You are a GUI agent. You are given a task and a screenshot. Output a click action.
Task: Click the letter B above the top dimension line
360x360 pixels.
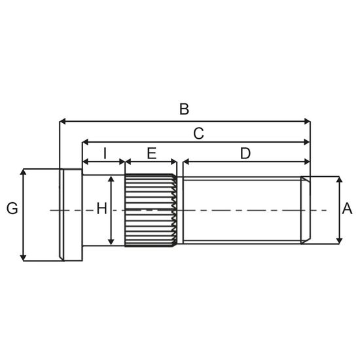click(x=184, y=109)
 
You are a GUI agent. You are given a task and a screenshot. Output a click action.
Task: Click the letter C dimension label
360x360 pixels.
click(x=198, y=134)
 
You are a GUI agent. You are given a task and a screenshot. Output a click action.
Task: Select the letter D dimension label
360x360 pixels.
click(x=245, y=153)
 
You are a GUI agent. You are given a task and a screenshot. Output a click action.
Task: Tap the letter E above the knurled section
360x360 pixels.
click(x=152, y=153)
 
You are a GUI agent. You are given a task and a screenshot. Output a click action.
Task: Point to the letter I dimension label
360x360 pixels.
click(x=105, y=153)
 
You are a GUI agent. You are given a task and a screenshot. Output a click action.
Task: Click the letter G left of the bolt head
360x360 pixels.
click(x=12, y=208)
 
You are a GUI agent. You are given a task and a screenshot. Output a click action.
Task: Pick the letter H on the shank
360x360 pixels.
click(x=101, y=208)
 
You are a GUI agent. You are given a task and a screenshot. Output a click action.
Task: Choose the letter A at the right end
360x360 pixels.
click(x=347, y=208)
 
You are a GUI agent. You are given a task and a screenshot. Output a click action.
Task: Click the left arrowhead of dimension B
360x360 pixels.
click(x=63, y=122)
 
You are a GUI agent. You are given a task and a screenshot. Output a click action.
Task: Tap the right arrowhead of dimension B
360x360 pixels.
click(x=307, y=122)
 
